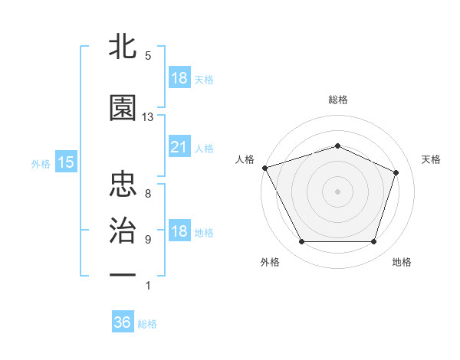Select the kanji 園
click(x=123, y=109)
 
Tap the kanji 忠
click(x=123, y=184)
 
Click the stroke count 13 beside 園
click(x=148, y=117)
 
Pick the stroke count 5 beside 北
click(x=148, y=56)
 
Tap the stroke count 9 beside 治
click(x=148, y=239)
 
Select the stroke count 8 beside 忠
click(x=148, y=193)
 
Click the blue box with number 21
click(x=179, y=147)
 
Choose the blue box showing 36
click(x=123, y=322)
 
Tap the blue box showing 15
click(x=65, y=162)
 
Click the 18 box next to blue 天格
click(x=179, y=78)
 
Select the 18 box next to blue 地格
click(x=179, y=231)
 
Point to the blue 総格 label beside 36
click(x=147, y=324)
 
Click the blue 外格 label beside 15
click(x=41, y=163)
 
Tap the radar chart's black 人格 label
click(x=245, y=159)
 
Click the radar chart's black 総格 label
click(x=337, y=100)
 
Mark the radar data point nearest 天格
click(x=396, y=172)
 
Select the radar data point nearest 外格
click(x=301, y=242)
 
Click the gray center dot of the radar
click(x=337, y=191)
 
